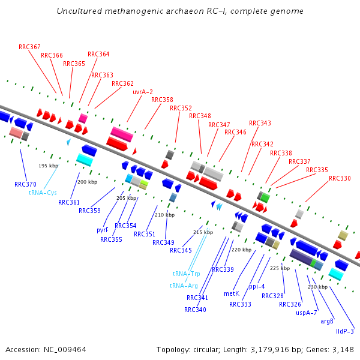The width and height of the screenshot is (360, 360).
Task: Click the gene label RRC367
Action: click(29, 47)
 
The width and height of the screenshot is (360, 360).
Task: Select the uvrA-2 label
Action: click(143, 92)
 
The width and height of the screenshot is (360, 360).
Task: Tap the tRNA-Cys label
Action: click(43, 193)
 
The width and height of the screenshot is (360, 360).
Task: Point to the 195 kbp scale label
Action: click(49, 166)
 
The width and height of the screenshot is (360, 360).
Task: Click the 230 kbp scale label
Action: click(317, 287)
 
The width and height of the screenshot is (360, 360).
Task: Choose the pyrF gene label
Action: click(103, 230)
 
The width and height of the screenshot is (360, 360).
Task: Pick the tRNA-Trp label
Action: click(186, 274)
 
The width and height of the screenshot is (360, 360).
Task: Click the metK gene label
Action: click(232, 293)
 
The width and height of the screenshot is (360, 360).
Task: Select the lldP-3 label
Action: click(345, 331)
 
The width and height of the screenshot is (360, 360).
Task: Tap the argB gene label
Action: click(327, 321)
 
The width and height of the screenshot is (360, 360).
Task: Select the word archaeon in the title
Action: click(173, 11)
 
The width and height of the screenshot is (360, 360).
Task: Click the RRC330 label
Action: click(340, 178)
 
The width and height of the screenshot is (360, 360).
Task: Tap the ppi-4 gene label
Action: click(257, 286)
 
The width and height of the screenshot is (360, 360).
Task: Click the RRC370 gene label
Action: click(25, 184)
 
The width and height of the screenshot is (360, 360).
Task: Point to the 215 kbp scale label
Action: click(203, 232)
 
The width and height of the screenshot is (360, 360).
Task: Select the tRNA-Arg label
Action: click(184, 286)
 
